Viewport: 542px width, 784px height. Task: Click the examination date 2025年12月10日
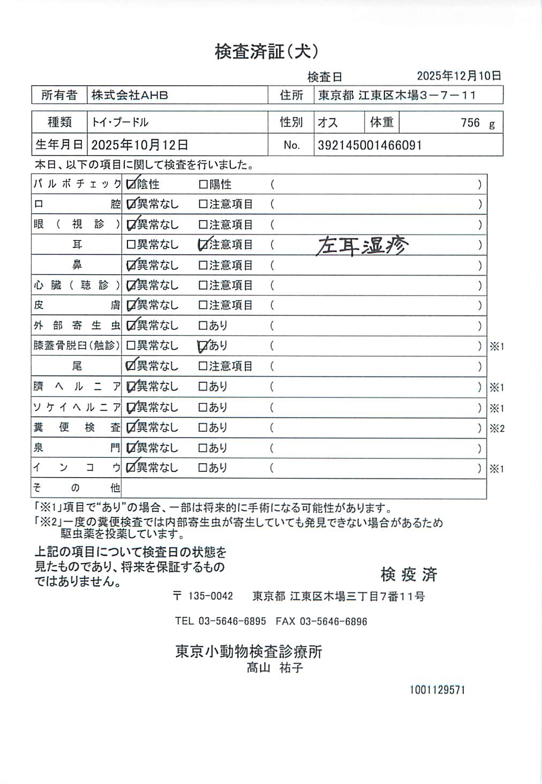(x=459, y=76)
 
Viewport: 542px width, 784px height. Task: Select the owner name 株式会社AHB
(x=130, y=95)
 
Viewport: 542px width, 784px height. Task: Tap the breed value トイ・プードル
(x=120, y=123)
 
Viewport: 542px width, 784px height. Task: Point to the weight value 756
(x=470, y=123)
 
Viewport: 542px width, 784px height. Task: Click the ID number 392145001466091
(x=370, y=145)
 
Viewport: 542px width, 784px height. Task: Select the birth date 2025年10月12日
(x=140, y=145)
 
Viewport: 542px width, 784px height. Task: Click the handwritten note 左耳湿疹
(x=362, y=246)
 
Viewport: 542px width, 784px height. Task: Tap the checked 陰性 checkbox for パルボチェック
(x=131, y=185)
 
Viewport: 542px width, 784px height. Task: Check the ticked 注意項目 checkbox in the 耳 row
(x=203, y=245)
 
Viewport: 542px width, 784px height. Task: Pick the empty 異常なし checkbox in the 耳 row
(x=131, y=245)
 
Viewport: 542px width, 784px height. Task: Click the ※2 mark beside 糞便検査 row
(x=496, y=428)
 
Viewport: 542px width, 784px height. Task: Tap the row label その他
(x=77, y=488)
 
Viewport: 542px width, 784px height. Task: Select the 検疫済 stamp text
(x=409, y=575)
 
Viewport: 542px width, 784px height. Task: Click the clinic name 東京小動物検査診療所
(x=249, y=652)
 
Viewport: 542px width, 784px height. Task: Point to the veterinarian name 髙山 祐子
(x=275, y=668)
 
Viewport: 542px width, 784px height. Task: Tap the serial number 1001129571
(x=437, y=690)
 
